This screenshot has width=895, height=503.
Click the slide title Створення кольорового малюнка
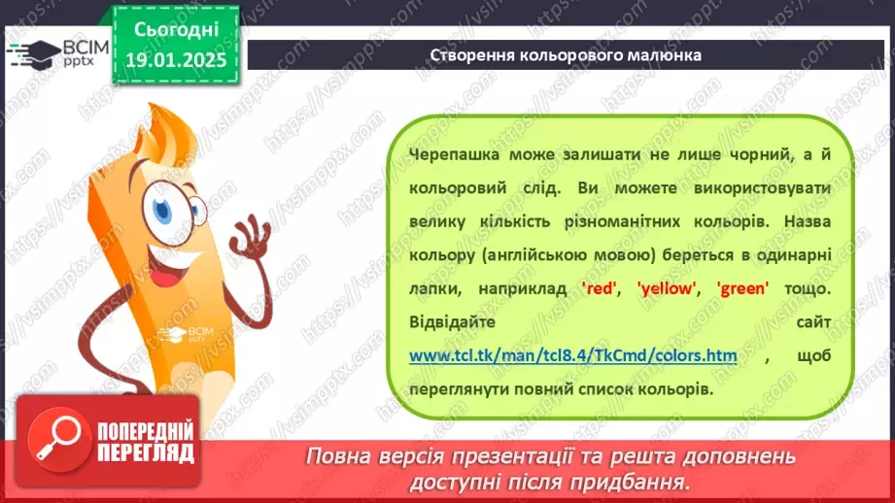(566, 54)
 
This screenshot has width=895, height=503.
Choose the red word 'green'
(743, 288)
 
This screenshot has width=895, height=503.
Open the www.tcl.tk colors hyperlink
(572, 356)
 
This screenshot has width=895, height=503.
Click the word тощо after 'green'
(809, 288)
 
